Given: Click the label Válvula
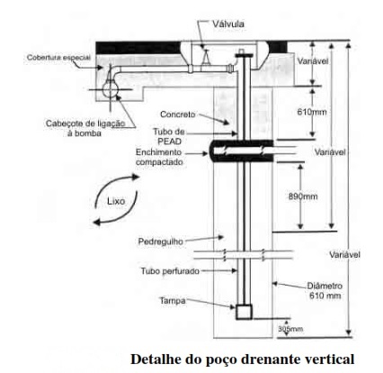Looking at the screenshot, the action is pyautogui.click(x=228, y=23).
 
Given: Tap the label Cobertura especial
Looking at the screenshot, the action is pyautogui.click(x=58, y=58).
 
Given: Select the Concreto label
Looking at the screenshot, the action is pyautogui.click(x=178, y=114).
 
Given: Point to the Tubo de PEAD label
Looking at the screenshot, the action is pyautogui.click(x=169, y=136).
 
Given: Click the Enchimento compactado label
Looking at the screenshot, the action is pyautogui.click(x=159, y=157).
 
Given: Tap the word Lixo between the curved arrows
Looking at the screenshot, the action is pyautogui.click(x=116, y=201).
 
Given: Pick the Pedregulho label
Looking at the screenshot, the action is pyautogui.click(x=161, y=241).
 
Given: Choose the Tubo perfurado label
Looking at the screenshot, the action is pyautogui.click(x=170, y=271).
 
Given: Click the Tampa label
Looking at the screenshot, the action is pyautogui.click(x=173, y=301).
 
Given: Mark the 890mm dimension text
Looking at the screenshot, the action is pyautogui.click(x=303, y=196).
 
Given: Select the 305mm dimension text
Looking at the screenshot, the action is pyautogui.click(x=290, y=329).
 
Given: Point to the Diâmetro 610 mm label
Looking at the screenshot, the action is pyautogui.click(x=325, y=290).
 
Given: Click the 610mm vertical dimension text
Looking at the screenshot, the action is pyautogui.click(x=311, y=112).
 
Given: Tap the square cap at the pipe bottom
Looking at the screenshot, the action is pyautogui.click(x=244, y=312).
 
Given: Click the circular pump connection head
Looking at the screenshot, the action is pyautogui.click(x=110, y=89).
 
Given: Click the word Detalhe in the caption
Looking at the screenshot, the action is pyautogui.click(x=155, y=359).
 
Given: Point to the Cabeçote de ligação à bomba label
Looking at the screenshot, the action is pyautogui.click(x=85, y=128).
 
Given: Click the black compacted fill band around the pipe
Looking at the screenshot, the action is pyautogui.click(x=242, y=150).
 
